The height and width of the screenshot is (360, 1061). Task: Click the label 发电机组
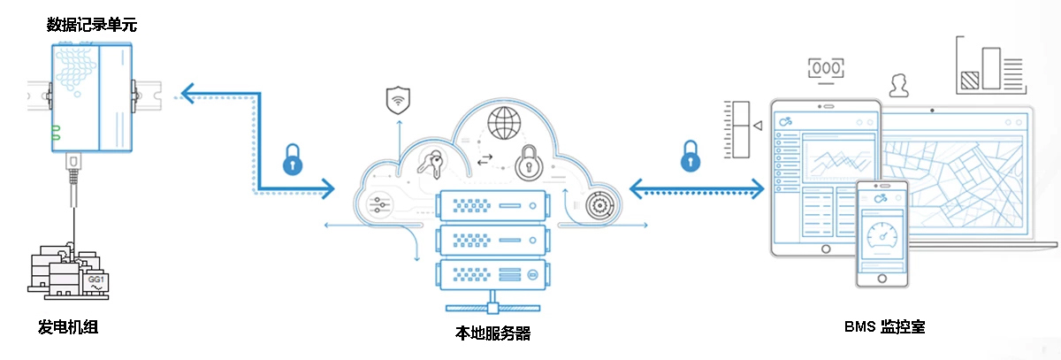tap(67, 326)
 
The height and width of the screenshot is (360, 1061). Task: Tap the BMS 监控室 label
tap(884, 326)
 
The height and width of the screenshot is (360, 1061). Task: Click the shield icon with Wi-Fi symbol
tap(399, 101)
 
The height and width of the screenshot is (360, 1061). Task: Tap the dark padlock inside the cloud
tap(529, 162)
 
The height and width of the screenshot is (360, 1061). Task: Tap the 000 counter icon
tap(827, 68)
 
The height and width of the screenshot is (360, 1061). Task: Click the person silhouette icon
tap(900, 85)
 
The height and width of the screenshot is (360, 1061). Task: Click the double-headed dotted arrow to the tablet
tap(696, 188)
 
